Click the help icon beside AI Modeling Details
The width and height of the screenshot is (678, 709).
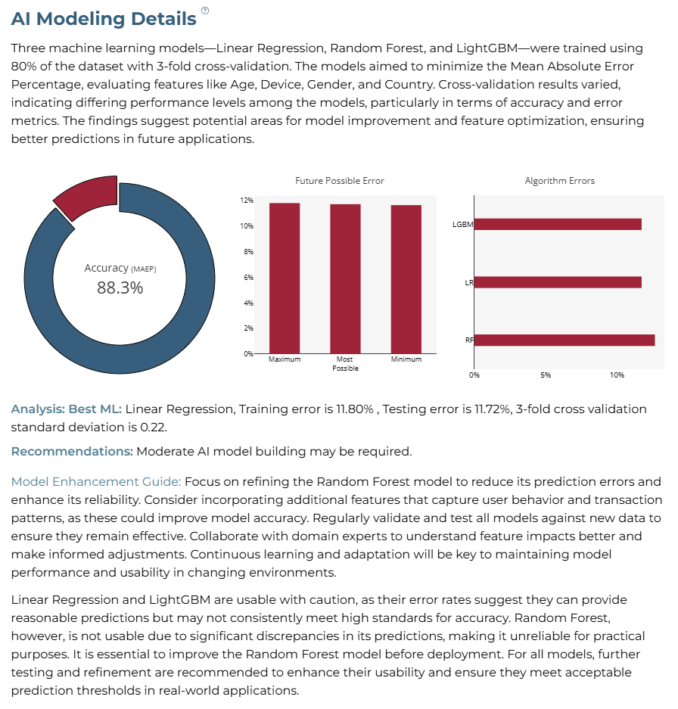click(x=205, y=11)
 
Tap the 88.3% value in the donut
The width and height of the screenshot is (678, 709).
click(x=120, y=288)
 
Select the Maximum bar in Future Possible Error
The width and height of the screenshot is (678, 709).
click(x=285, y=278)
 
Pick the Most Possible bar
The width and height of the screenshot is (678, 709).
click(x=345, y=278)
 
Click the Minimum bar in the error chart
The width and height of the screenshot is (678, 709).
click(x=406, y=279)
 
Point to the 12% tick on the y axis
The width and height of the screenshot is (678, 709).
click(x=247, y=201)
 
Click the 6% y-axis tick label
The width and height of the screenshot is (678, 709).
click(x=249, y=277)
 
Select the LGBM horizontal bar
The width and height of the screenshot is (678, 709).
click(x=558, y=224)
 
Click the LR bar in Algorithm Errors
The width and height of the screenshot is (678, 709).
click(x=558, y=282)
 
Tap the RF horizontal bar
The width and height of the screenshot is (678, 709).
click(x=564, y=340)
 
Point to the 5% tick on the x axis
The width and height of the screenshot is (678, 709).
click(x=546, y=375)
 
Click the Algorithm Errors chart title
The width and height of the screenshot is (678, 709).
click(x=559, y=181)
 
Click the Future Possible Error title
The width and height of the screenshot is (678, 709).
click(x=340, y=181)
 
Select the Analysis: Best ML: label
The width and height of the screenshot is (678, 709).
click(x=67, y=409)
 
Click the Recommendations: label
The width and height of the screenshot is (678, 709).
click(x=73, y=452)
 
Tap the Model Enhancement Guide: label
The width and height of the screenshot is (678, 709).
click(x=96, y=481)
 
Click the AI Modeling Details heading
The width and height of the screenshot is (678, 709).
click(x=104, y=19)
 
